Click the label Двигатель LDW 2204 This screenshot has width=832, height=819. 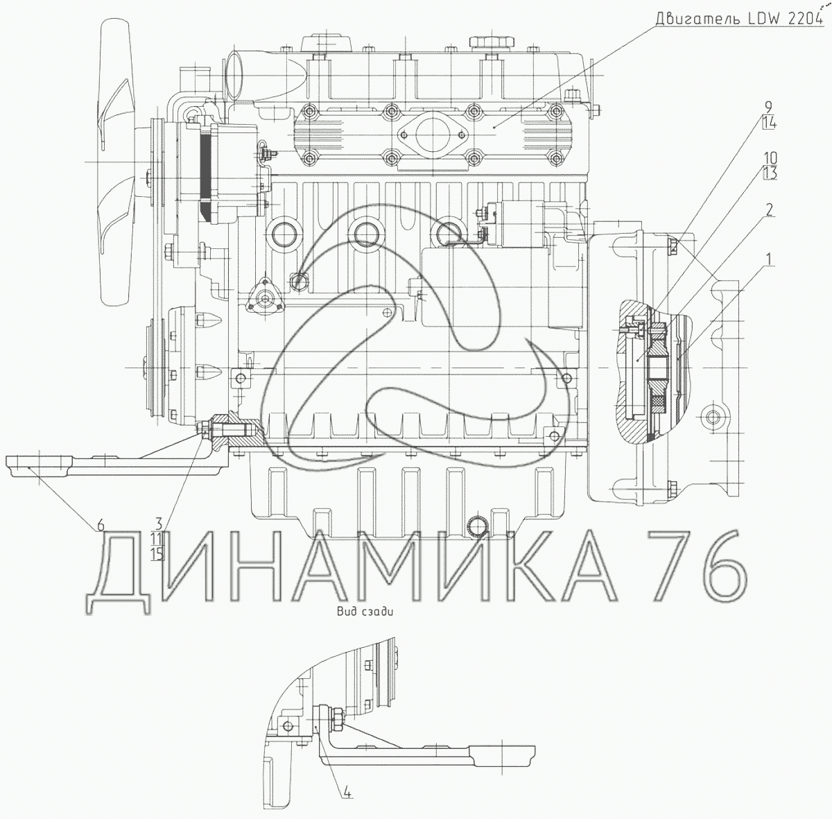(x=738, y=19)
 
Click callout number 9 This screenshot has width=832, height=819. (x=768, y=107)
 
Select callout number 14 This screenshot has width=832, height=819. (x=768, y=123)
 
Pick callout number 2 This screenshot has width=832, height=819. (x=768, y=210)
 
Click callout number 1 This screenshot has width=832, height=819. (x=768, y=260)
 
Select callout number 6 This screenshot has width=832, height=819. (x=100, y=525)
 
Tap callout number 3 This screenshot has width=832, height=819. (x=159, y=524)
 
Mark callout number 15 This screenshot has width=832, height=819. (x=158, y=554)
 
